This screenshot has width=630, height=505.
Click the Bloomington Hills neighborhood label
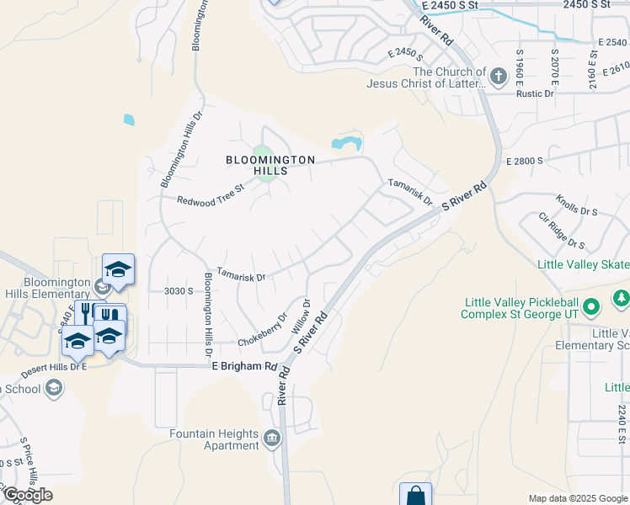(x=270, y=164)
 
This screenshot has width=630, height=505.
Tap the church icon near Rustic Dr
(x=499, y=78)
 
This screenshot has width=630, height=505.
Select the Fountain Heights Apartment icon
(x=272, y=438)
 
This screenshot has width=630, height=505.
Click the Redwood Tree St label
(x=210, y=199)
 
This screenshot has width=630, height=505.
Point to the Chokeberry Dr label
(x=262, y=338)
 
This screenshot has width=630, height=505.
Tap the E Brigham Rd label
(x=244, y=366)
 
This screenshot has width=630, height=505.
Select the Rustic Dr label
(x=536, y=93)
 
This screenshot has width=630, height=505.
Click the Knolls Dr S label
(x=576, y=206)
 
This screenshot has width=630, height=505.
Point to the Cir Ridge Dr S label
(x=562, y=231)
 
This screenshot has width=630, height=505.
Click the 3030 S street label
(x=179, y=290)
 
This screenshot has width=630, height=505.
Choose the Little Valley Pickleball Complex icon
(x=591, y=306)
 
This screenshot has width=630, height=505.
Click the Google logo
(x=28, y=495)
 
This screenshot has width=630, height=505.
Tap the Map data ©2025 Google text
(x=577, y=498)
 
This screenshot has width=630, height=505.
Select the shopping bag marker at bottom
(x=415, y=496)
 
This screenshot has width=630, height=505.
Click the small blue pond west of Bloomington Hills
(x=129, y=120)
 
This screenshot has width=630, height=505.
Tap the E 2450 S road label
(x=404, y=52)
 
